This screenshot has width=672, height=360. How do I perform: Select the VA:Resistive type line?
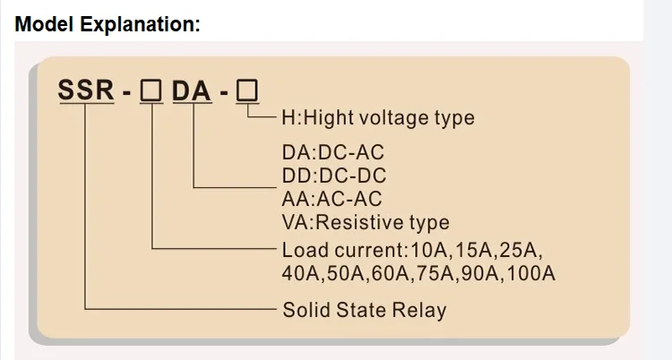366,222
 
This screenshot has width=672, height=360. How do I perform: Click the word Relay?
420,311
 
